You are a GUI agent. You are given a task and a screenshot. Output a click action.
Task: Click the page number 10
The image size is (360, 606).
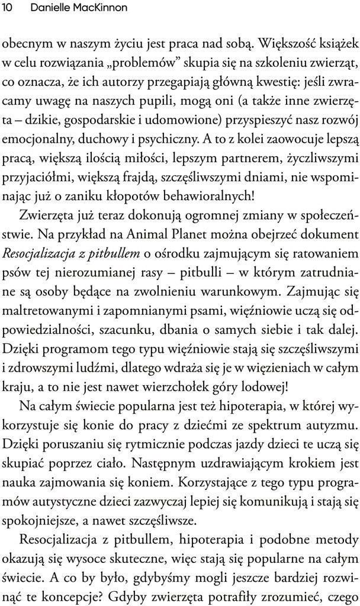[9, 8]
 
